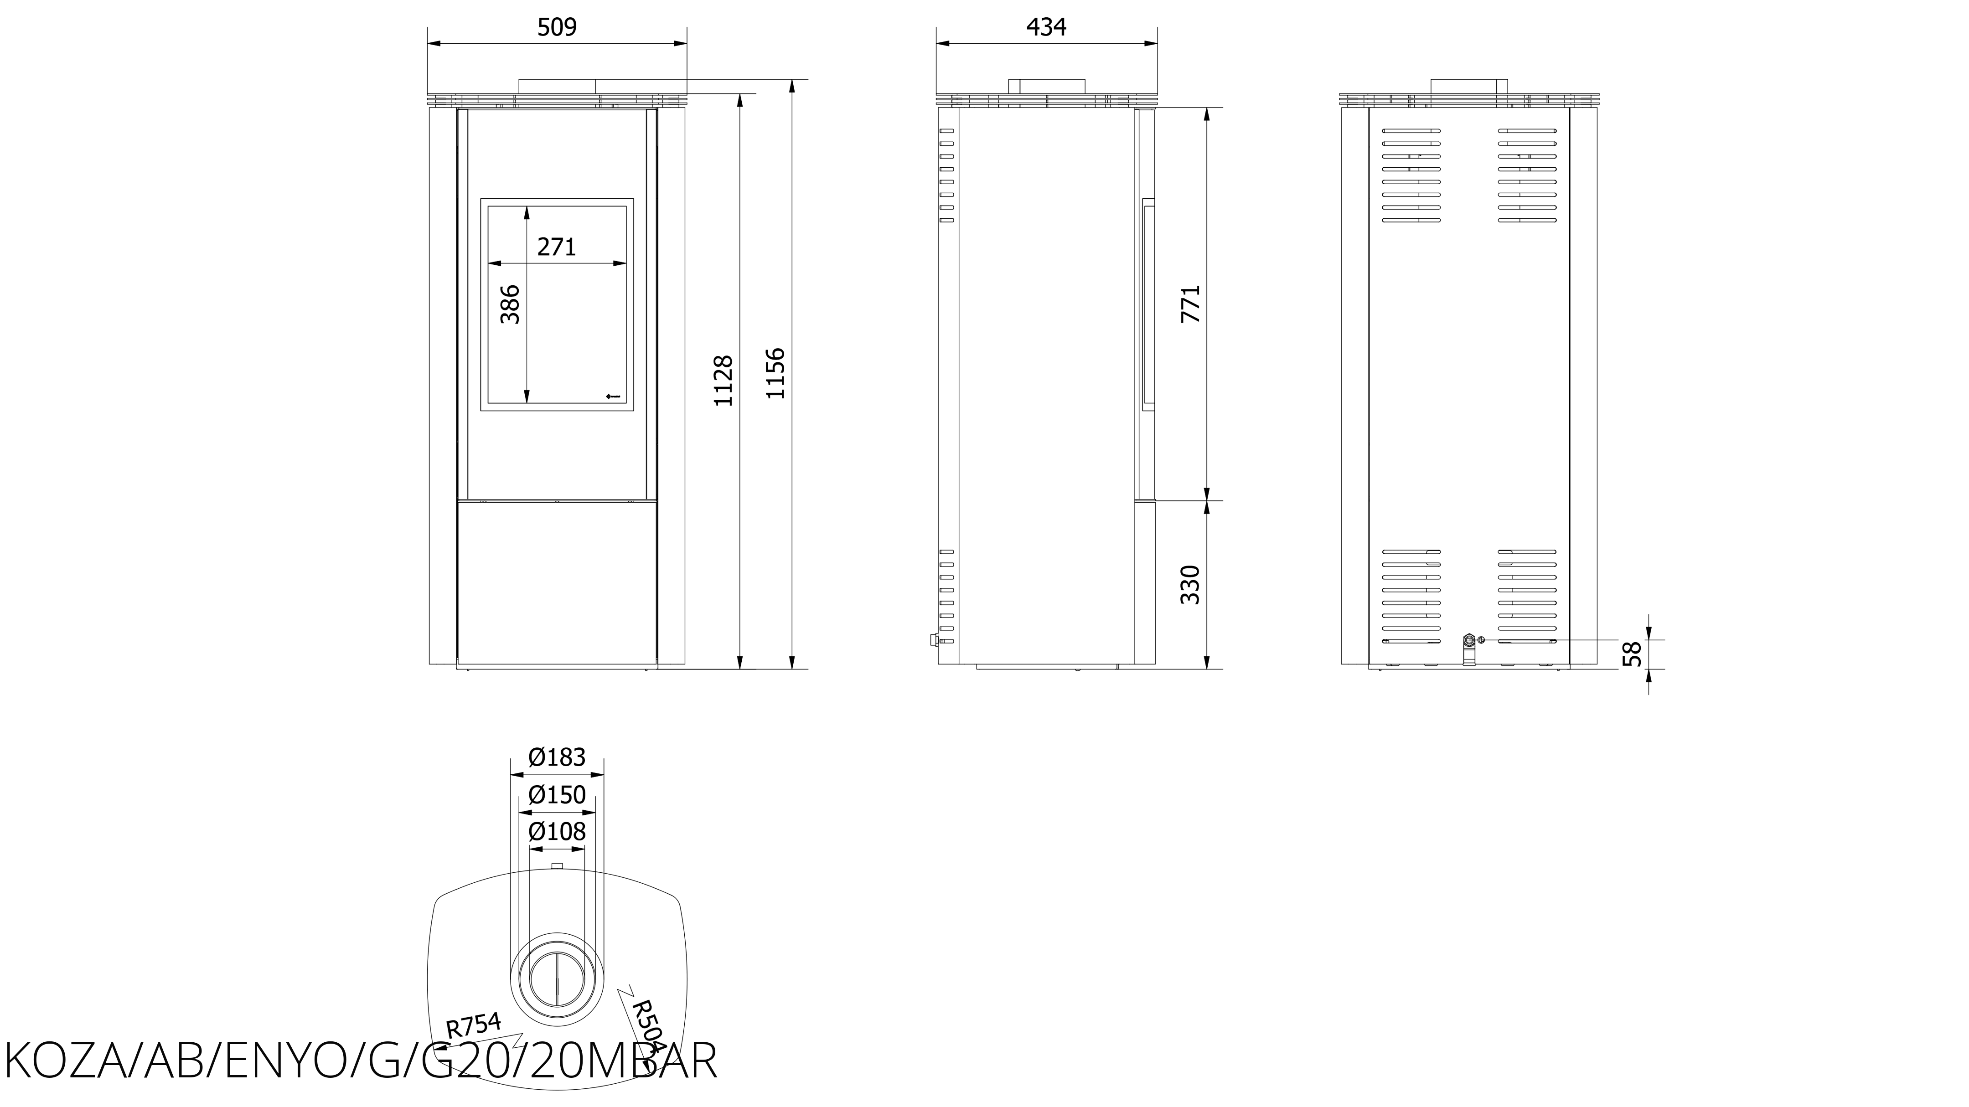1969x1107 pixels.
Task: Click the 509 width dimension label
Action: click(557, 27)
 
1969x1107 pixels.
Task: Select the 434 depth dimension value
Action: click(1046, 27)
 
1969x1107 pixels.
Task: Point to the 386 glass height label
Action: click(510, 304)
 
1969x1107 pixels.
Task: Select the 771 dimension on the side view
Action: click(1191, 304)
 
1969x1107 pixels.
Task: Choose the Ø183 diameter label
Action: click(557, 757)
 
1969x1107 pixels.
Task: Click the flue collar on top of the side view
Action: click(1046, 86)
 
